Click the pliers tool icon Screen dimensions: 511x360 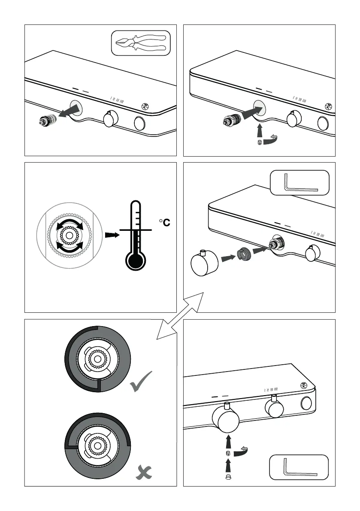pyautogui.click(x=141, y=43)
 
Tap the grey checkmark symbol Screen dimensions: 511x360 pyautogui.click(x=140, y=383)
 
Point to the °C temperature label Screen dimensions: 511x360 pyautogui.click(x=164, y=222)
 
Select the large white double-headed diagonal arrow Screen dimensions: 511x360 pyautogui.click(x=179, y=316)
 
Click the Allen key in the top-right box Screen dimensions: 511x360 pyautogui.click(x=299, y=184)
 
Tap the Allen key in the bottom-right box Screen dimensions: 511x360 pyautogui.click(x=299, y=467)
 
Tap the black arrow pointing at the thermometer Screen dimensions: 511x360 pyautogui.click(x=111, y=235)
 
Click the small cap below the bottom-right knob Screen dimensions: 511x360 pyautogui.click(x=228, y=476)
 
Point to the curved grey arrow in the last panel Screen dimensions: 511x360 pyautogui.click(x=243, y=451)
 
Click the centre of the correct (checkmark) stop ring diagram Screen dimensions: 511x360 pyautogui.click(x=98, y=359)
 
